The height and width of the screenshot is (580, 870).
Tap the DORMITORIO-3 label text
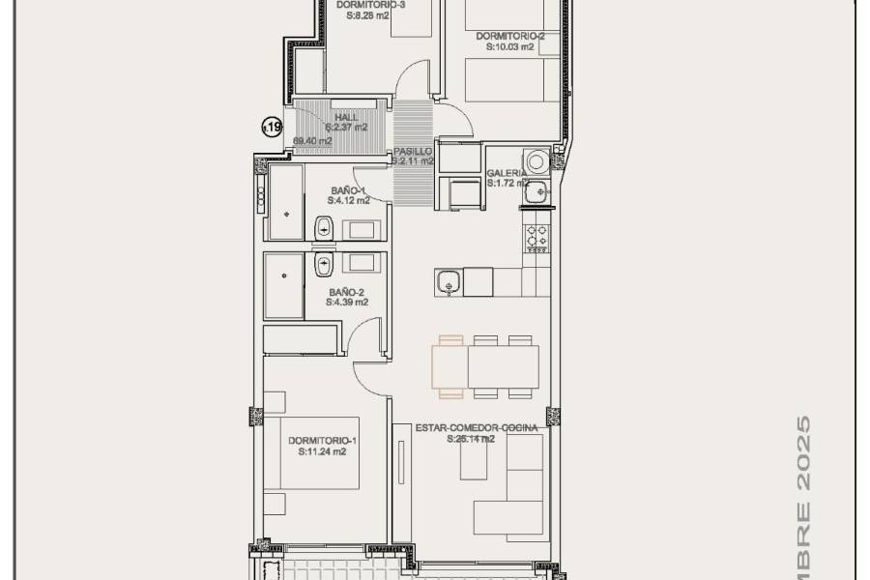(x=371, y=5)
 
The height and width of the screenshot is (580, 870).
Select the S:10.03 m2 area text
(x=509, y=46)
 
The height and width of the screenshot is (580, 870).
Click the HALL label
(x=346, y=118)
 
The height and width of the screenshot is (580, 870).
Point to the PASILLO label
(x=413, y=153)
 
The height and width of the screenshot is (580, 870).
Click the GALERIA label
(x=507, y=173)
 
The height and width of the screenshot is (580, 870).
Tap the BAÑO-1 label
(x=348, y=191)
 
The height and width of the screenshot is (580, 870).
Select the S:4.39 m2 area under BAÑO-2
(x=348, y=302)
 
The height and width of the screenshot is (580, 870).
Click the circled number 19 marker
(x=273, y=126)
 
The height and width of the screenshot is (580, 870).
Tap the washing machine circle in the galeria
(x=536, y=160)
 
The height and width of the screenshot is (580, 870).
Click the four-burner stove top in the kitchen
(x=536, y=236)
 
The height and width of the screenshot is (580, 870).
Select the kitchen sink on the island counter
(x=448, y=282)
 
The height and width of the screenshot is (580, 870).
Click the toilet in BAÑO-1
(x=323, y=229)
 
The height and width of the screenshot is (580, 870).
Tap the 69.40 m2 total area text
(x=312, y=141)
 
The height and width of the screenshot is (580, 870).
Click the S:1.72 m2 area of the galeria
(x=507, y=183)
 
